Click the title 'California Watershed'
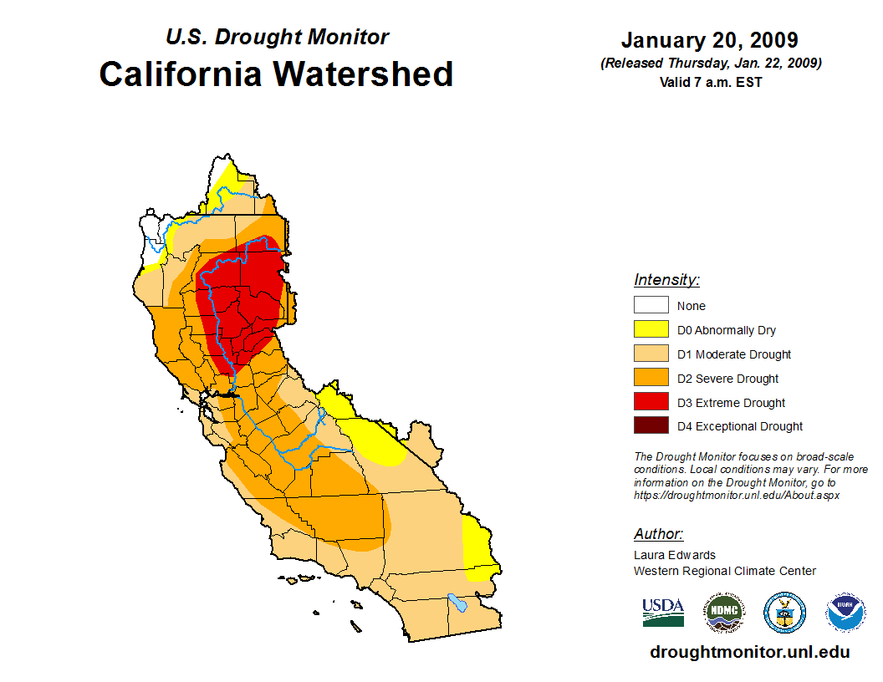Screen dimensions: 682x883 [276, 74]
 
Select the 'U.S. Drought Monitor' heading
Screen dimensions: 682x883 [277, 38]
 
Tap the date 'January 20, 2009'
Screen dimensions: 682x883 [709, 40]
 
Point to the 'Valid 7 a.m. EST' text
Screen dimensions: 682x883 [709, 82]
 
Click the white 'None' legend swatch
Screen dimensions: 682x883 [651, 305]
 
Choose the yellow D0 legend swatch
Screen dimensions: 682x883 [651, 329]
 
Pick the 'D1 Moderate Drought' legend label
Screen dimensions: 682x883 [734, 354]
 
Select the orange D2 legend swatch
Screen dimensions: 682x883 [651, 378]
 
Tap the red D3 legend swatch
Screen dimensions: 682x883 [651, 402]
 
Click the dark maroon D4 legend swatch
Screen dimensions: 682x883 [651, 426]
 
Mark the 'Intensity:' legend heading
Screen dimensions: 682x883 [666, 280]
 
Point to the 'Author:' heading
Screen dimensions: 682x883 [658, 534]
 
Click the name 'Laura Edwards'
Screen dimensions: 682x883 [675, 555]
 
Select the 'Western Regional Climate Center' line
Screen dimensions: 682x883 [724, 571]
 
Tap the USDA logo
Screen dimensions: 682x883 [663, 612]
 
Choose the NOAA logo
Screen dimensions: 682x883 [845, 613]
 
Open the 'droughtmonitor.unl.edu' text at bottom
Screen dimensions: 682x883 [749, 652]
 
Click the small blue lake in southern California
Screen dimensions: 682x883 [457, 601]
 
